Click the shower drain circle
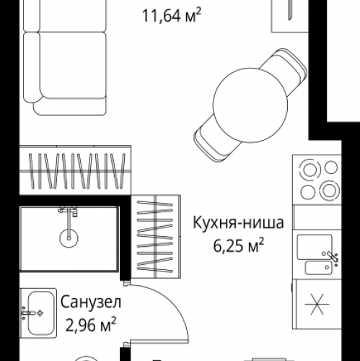(x=69, y=235)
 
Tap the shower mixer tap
(x=69, y=212)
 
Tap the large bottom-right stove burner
(x=328, y=191)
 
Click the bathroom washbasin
(x=38, y=313)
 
